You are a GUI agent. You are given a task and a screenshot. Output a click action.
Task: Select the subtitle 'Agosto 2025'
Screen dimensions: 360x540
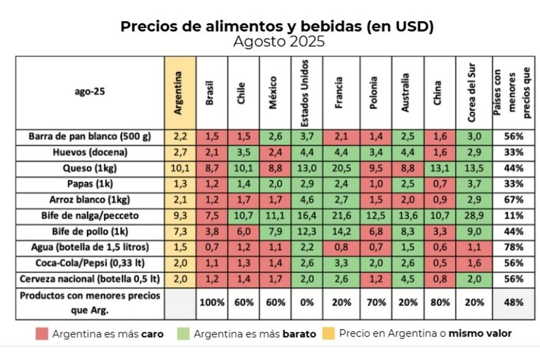pyautogui.click(x=279, y=42)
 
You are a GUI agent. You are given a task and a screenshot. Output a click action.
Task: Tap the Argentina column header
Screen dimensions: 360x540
pyautogui.click(x=180, y=93)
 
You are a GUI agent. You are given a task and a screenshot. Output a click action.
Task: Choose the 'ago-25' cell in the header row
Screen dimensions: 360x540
pyautogui.click(x=89, y=93)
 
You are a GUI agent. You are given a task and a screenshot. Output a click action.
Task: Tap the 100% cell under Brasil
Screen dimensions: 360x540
pyautogui.click(x=212, y=302)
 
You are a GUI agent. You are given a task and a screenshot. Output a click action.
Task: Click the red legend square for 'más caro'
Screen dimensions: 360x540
pyautogui.click(x=42, y=334)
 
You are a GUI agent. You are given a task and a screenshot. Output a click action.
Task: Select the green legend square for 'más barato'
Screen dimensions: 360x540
pyautogui.click(x=183, y=334)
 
